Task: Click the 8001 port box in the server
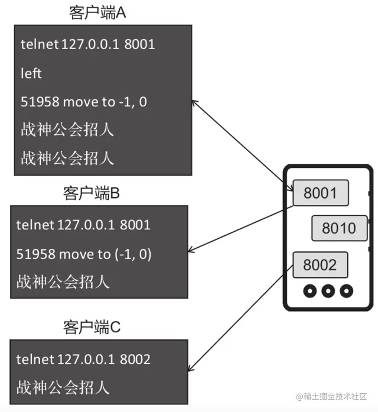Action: coord(320,193)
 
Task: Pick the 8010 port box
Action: coord(338,228)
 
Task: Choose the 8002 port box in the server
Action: coord(320,264)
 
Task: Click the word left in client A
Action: coord(31,73)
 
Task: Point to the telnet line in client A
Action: coord(87,44)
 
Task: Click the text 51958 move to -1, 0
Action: coord(84,102)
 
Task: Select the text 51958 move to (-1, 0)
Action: coord(84,254)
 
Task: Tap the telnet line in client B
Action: coord(83,225)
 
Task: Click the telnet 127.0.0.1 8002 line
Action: coord(83,359)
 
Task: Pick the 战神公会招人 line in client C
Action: coord(63,387)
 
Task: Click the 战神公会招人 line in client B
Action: coord(63,281)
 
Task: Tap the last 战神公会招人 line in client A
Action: coord(67,158)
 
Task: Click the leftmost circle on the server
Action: coord(308,291)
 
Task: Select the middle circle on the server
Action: coord(327,291)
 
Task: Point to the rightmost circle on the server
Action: coord(346,291)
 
